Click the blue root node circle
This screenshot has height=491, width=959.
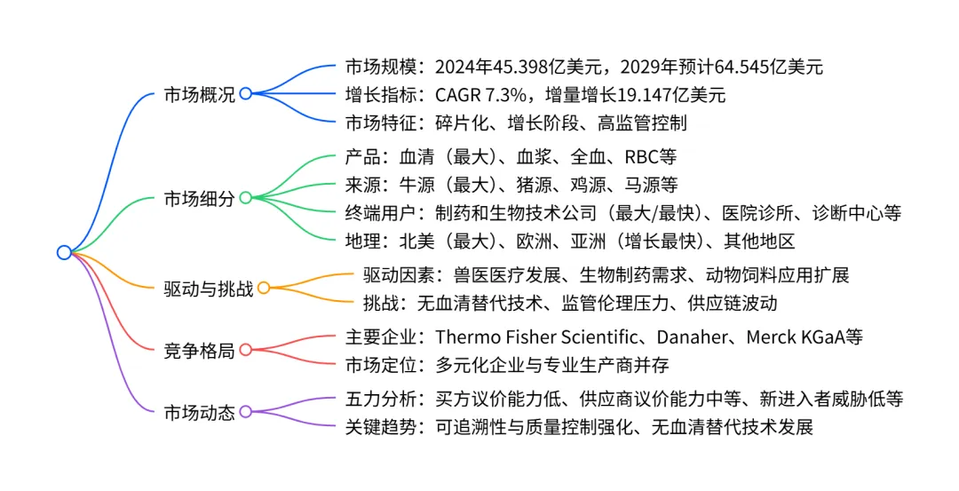coord(63,252)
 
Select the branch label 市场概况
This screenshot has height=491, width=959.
coord(200,94)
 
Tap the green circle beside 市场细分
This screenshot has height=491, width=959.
coord(246,198)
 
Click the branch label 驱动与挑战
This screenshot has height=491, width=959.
coord(209,289)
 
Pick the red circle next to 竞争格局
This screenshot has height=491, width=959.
coord(246,351)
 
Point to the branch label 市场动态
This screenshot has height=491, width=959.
coord(200,412)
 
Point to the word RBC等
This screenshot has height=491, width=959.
coord(651,157)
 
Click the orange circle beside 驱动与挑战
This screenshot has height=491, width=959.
coord(264,289)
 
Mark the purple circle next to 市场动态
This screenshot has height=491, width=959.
coord(246,412)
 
